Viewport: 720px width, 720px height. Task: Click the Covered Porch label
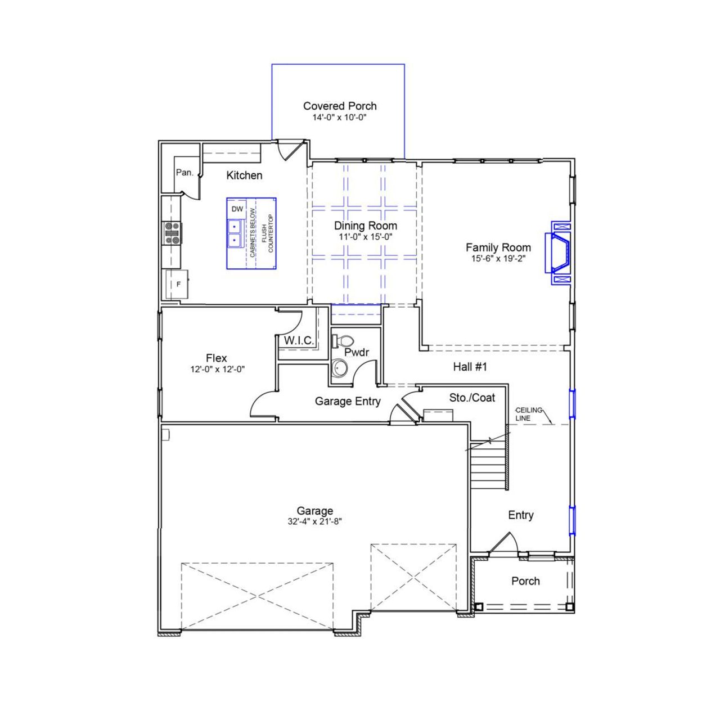[x=340, y=106]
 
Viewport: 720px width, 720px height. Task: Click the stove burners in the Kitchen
[x=173, y=233]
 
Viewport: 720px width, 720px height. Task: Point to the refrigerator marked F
[x=178, y=284]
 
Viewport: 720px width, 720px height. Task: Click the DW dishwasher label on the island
[x=237, y=209]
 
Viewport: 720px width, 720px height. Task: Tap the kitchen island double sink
[x=235, y=233]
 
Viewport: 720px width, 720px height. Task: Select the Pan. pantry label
[x=184, y=173]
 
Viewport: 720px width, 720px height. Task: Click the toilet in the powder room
[x=344, y=341]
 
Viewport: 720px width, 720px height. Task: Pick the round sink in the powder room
[x=339, y=368]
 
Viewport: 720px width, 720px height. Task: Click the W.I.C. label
[x=299, y=341]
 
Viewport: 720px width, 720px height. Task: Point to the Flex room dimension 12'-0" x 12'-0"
[x=217, y=370]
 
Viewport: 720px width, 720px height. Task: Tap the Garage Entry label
[x=348, y=402]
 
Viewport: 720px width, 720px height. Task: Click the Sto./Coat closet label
[x=472, y=398]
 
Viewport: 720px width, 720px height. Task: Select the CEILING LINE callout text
[x=528, y=414]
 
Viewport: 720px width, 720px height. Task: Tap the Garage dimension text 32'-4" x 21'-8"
[x=315, y=521]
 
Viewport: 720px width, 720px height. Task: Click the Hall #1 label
[x=470, y=367]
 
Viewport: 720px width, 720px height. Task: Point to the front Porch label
[x=525, y=581]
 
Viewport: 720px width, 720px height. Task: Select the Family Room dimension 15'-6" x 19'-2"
[x=498, y=259]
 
